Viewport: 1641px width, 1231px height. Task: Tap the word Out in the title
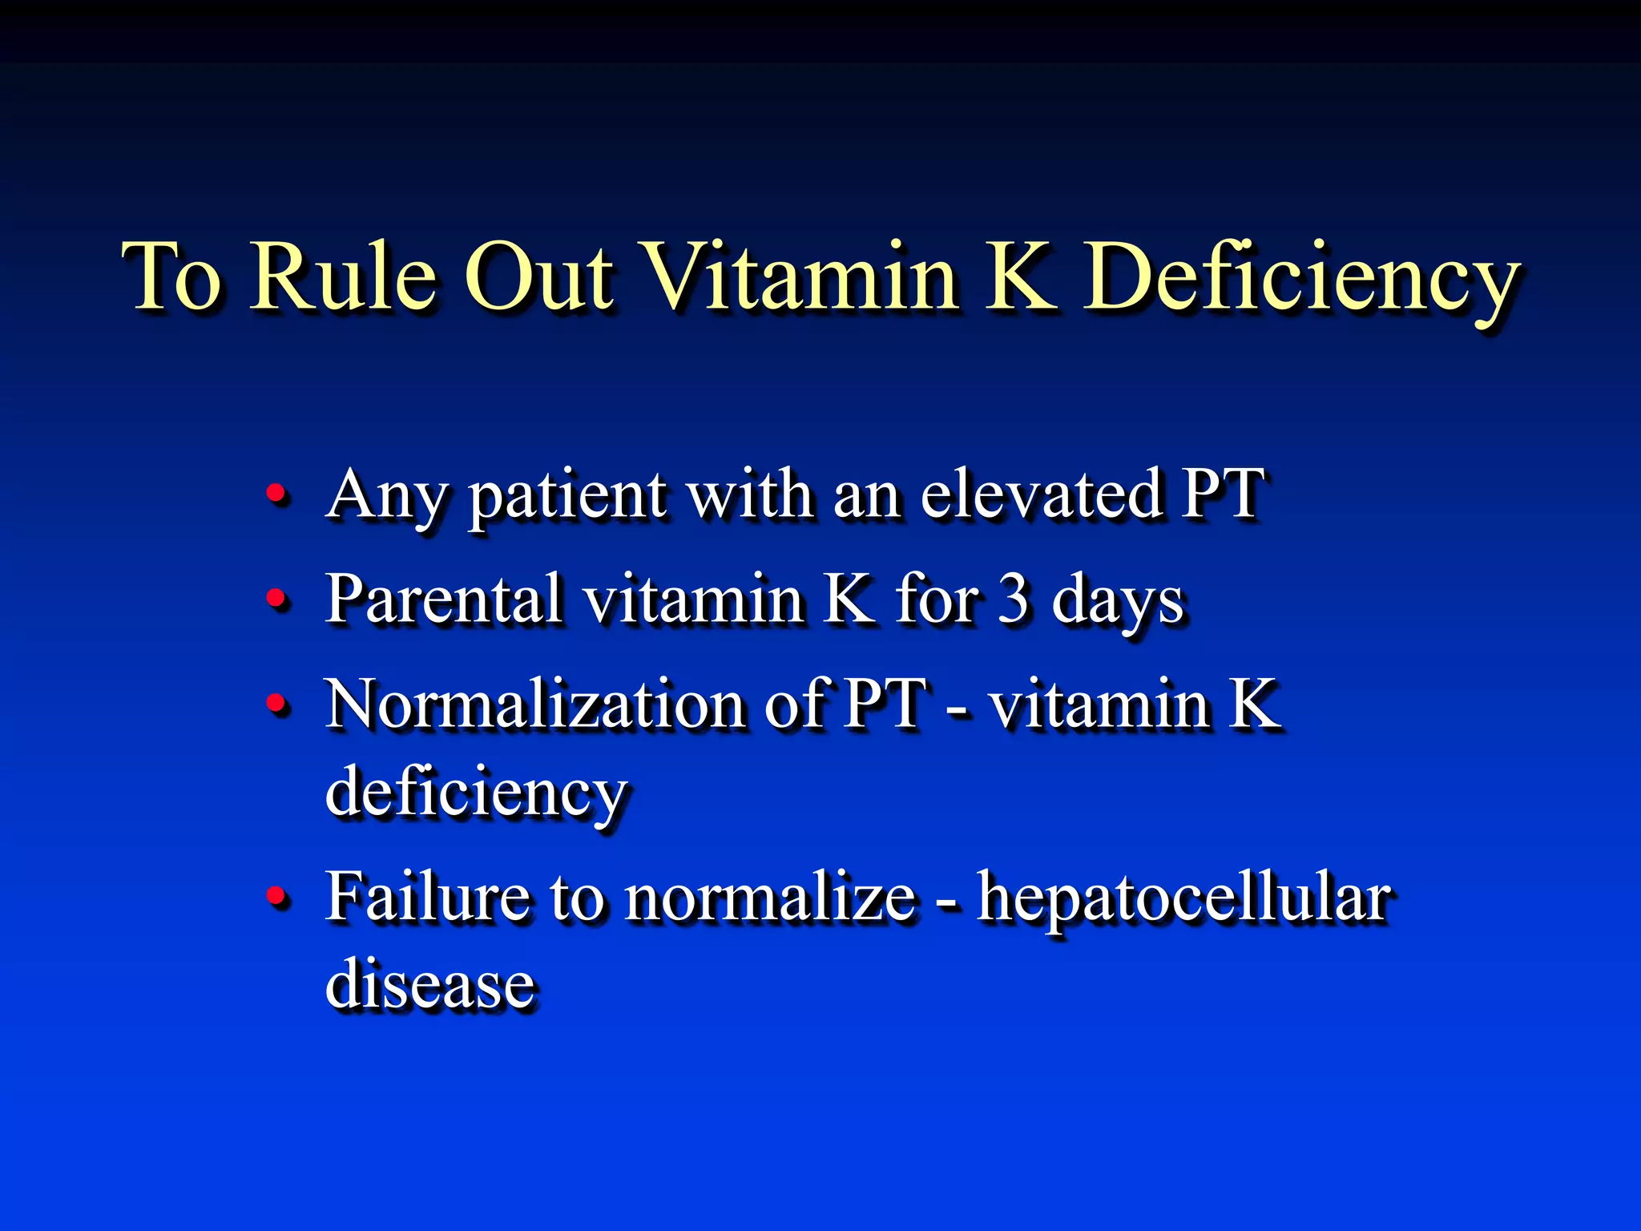click(539, 276)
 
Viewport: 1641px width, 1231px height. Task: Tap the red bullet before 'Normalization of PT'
click(276, 704)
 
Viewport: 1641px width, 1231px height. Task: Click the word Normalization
click(534, 704)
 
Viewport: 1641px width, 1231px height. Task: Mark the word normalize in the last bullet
click(770, 898)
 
